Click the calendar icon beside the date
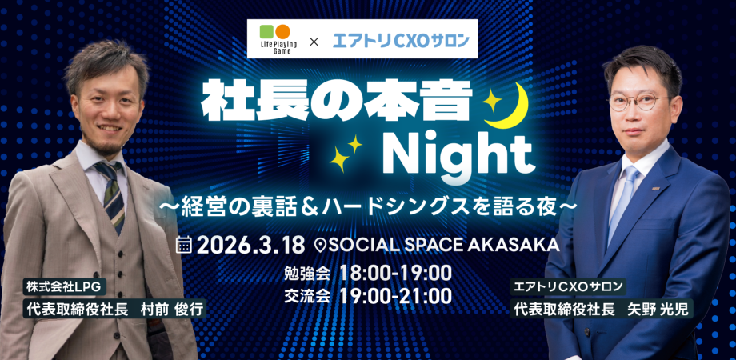point(184,244)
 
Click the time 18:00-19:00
point(395,272)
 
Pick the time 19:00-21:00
point(395,296)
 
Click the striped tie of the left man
point(111,193)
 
